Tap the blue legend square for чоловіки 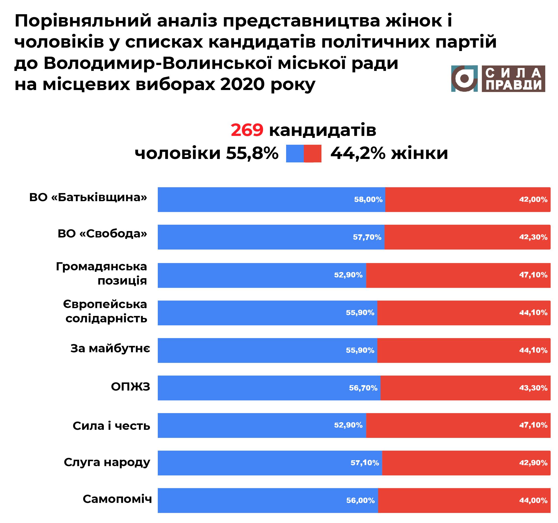pyautogui.click(x=295, y=154)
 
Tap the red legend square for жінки pyautogui.click(x=312, y=154)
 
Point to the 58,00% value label pyautogui.click(x=368, y=200)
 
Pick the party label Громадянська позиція pyautogui.click(x=101, y=273)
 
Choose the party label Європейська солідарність pyautogui.click(x=105, y=311)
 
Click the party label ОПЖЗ pyautogui.click(x=131, y=387)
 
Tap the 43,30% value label pyautogui.click(x=533, y=388)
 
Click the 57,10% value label pyautogui.click(x=365, y=463)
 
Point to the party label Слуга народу pyautogui.click(x=107, y=462)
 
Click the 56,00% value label pyautogui.click(x=360, y=500)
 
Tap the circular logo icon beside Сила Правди pyautogui.click(x=464, y=78)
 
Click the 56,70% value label pyautogui.click(x=363, y=388)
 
